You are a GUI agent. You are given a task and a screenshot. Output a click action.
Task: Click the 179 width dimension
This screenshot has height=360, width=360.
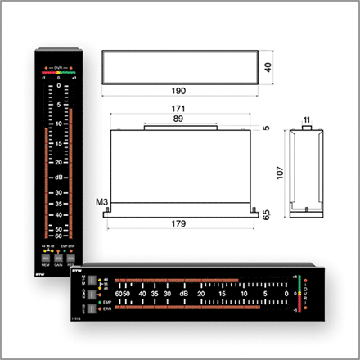tap(178, 223)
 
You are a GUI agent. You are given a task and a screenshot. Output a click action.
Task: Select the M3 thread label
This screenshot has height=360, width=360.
tap(101, 201)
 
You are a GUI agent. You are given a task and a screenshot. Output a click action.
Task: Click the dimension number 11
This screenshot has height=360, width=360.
tap(305, 120)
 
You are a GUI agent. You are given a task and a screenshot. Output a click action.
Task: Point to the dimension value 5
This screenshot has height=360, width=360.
tap(265, 128)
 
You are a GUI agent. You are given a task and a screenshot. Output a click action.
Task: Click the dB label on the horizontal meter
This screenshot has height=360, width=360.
tap(184, 293)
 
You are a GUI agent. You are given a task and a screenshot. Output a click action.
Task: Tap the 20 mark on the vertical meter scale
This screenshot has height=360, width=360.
tap(59, 160)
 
